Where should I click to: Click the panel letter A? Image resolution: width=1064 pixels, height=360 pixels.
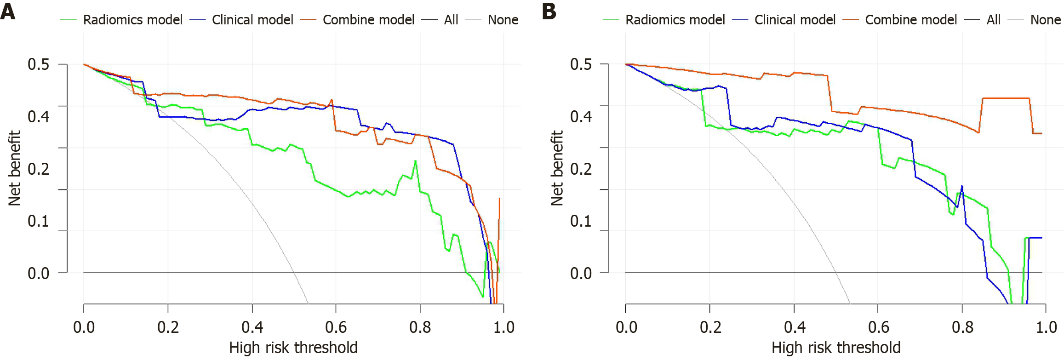pos(8,11)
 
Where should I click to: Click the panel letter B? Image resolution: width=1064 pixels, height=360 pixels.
pos(549,11)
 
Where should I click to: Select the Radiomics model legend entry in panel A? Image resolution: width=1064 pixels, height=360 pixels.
pos(132,20)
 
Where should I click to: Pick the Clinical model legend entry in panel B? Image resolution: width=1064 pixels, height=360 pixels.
pos(795,20)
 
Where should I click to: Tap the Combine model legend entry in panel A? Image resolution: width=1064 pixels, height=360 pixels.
pos(368,20)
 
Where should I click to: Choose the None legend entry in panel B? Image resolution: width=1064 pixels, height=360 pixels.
pos(1045,20)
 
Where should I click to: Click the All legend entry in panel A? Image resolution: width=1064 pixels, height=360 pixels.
pos(451,20)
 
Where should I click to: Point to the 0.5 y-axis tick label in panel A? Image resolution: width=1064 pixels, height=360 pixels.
pos(38,64)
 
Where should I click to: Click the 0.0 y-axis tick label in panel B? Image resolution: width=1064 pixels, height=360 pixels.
pos(581,273)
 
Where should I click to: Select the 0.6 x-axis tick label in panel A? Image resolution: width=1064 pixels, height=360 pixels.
pos(336,327)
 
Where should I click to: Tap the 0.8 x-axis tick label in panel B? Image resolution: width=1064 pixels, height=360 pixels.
pos(962,327)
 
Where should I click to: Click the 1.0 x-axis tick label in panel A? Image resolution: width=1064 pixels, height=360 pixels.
pos(503,327)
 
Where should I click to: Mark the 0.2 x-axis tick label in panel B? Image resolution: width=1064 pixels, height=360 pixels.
pos(710,327)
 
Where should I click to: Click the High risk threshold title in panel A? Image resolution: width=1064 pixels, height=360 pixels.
pos(293,348)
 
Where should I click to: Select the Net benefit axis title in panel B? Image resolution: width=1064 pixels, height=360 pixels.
pos(557,168)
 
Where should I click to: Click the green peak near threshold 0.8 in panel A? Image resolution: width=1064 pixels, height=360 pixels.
pos(415,161)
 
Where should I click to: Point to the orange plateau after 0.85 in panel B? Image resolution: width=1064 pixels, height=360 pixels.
pos(1006,98)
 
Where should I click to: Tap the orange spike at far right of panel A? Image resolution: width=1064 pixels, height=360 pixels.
pos(499,199)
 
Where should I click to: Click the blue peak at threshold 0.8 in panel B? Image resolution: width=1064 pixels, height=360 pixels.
pos(962,186)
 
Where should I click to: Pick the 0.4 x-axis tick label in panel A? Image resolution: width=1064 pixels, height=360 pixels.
pos(252,327)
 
